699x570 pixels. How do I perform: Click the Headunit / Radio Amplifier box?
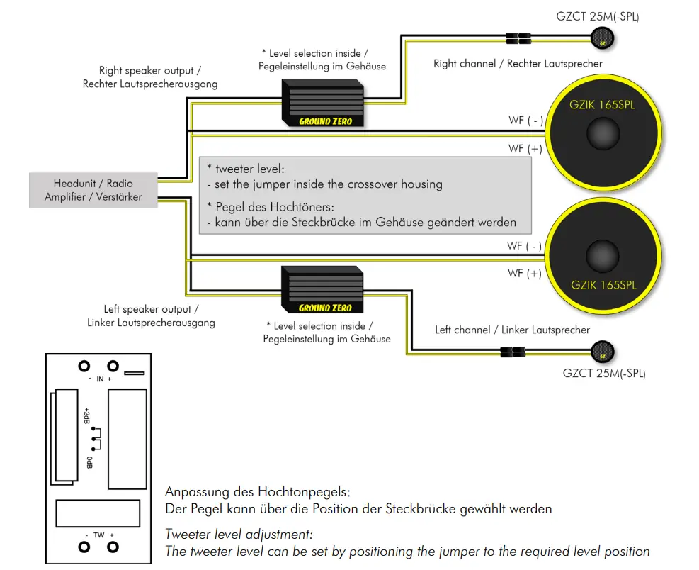click(93, 190)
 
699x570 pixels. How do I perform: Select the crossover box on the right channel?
click(324, 103)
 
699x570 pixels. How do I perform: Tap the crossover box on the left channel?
click(322, 290)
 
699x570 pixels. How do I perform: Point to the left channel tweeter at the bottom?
click(603, 352)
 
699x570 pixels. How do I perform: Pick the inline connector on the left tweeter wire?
click(511, 352)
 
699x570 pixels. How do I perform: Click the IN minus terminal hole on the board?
click(84, 367)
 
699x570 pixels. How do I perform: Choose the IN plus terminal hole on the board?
click(112, 367)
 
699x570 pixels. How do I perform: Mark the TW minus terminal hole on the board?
click(84, 547)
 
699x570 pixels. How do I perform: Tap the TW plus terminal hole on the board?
click(112, 547)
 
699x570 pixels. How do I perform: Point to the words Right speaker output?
click(149, 71)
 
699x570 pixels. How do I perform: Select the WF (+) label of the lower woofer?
click(525, 273)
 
